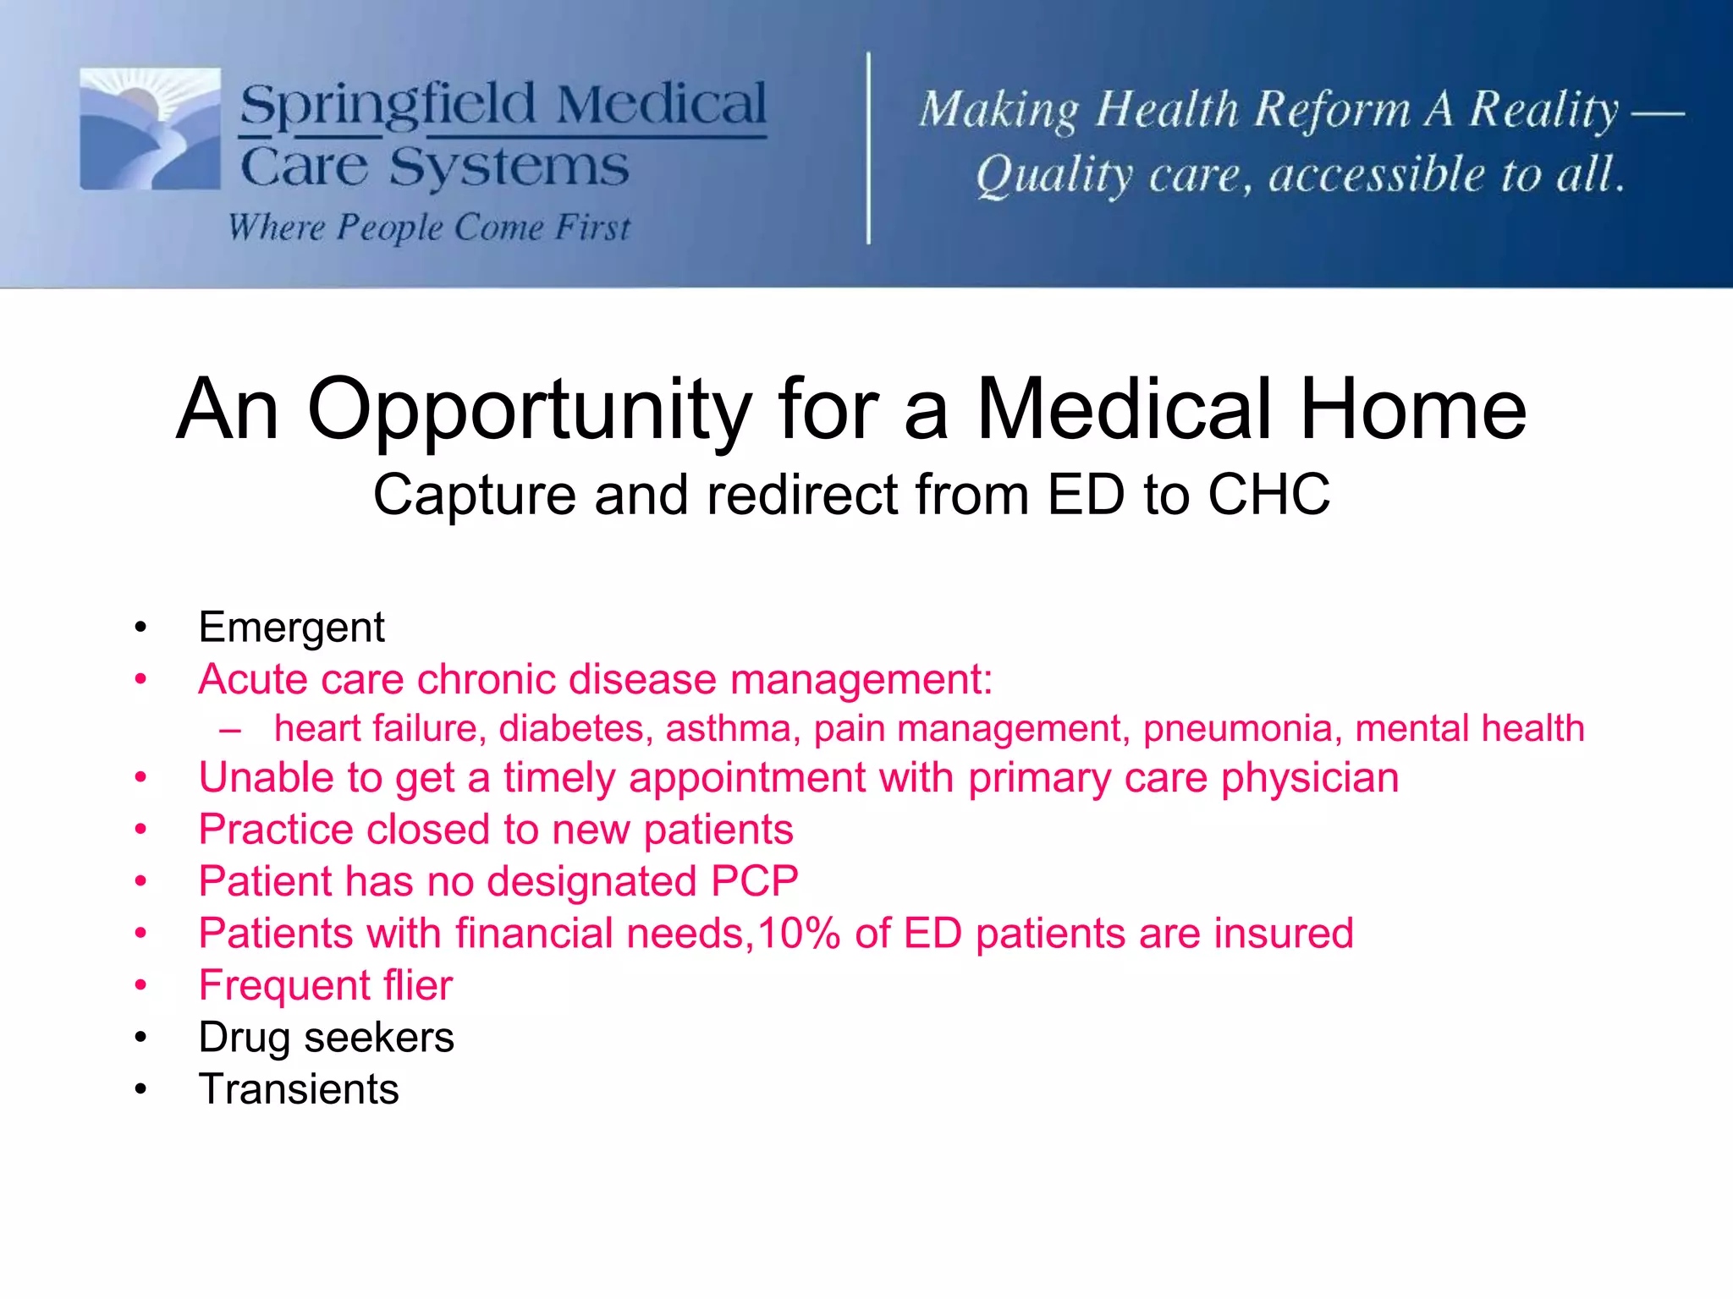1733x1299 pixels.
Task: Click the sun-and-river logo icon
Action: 150,129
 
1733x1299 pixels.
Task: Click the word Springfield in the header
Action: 388,106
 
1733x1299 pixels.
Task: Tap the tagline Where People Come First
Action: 429,227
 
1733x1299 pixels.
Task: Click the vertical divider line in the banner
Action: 868,148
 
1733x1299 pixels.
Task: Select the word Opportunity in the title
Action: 529,411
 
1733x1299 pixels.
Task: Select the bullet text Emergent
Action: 291,628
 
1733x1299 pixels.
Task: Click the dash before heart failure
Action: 229,729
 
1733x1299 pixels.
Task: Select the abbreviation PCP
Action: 754,881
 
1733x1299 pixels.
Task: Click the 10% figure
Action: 797,934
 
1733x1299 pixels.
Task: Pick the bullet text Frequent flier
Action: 325,985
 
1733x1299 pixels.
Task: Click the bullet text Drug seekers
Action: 326,1038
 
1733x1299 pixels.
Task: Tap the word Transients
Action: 298,1089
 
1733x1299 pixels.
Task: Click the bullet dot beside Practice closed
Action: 140,830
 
